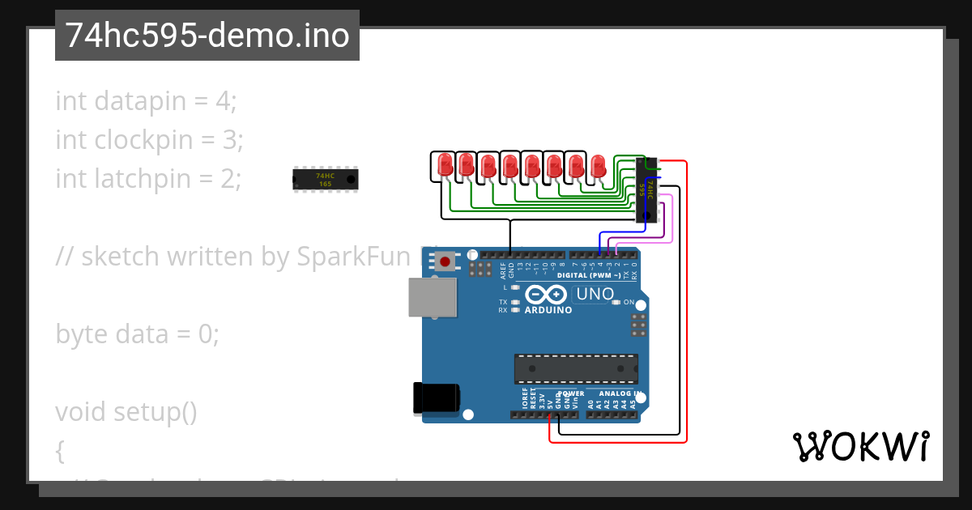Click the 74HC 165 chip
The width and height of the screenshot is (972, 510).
(325, 179)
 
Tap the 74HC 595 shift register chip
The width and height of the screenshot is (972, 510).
(646, 189)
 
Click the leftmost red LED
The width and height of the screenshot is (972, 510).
(445, 166)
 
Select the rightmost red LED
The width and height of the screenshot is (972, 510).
(598, 166)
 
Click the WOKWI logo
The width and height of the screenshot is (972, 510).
(860, 446)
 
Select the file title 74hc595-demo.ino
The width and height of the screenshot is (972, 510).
(207, 36)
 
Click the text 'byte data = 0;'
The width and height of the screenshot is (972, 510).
(137, 334)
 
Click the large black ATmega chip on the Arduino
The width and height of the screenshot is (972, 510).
(575, 368)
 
